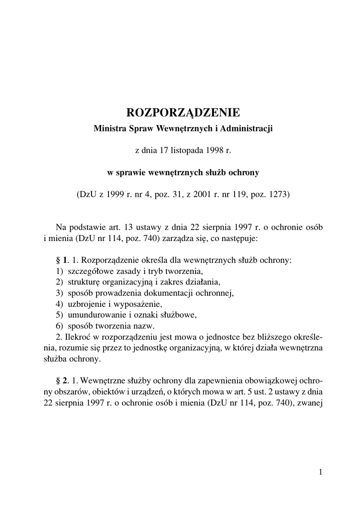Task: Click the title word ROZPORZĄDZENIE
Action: (x=184, y=111)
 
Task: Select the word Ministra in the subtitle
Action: (x=109, y=128)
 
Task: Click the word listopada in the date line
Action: (x=186, y=149)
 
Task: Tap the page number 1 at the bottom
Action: (x=321, y=472)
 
